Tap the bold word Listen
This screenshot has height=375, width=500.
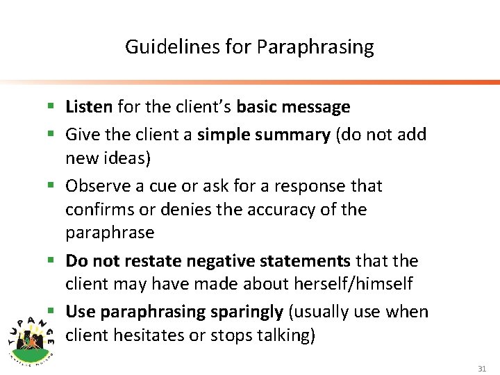click(89, 107)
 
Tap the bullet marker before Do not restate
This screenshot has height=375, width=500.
click(53, 261)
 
